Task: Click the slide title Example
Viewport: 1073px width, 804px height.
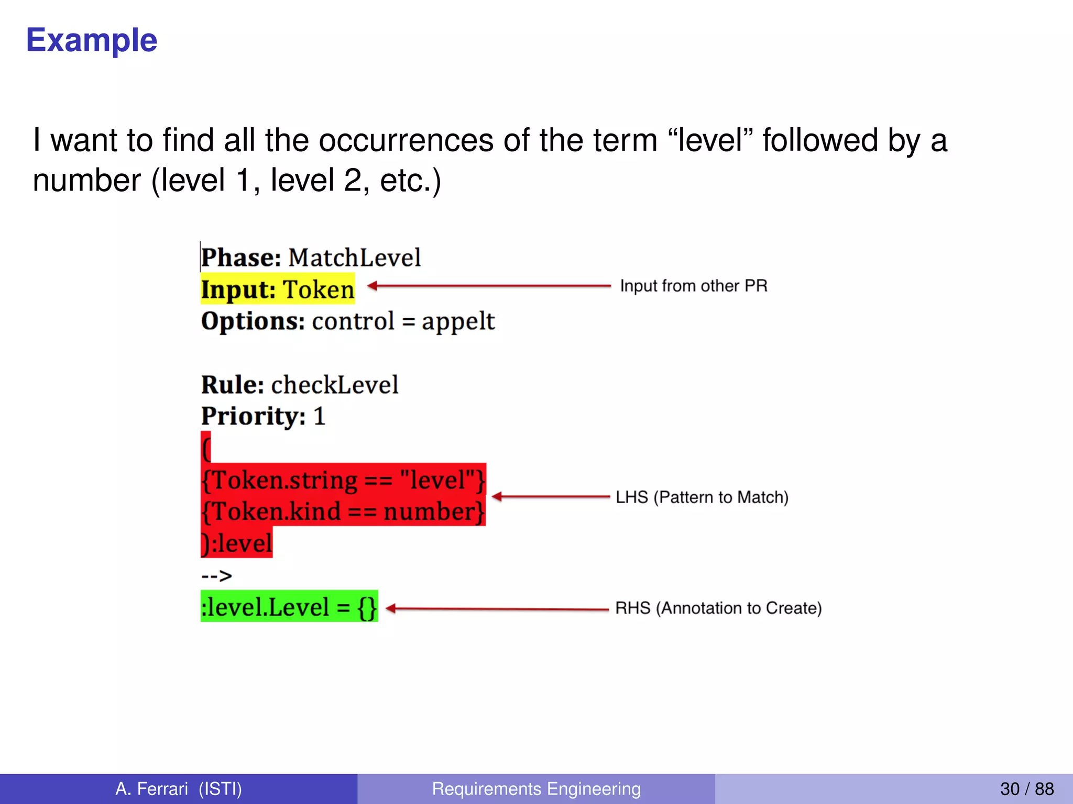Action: [92, 40]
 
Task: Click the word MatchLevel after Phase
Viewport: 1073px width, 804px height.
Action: [355, 258]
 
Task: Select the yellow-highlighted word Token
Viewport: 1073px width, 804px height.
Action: [319, 289]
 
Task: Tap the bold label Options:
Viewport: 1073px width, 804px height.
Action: [253, 321]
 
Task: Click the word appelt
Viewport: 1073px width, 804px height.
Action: [458, 321]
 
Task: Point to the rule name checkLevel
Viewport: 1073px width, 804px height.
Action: [335, 385]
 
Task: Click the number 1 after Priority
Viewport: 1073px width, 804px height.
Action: [319, 417]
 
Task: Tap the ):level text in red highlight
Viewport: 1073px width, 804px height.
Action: [237, 543]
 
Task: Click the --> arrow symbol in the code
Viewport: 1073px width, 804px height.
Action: [216, 576]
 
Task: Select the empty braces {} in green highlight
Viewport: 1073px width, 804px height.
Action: [367, 607]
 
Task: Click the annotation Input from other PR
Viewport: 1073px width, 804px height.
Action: [693, 286]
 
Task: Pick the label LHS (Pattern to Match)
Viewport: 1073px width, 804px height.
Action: [702, 497]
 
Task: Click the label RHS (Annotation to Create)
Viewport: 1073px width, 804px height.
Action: [718, 608]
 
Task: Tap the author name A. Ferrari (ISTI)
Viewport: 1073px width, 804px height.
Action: [179, 788]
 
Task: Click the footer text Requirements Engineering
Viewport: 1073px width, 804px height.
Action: [536, 788]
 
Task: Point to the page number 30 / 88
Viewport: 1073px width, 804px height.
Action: [1026, 788]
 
